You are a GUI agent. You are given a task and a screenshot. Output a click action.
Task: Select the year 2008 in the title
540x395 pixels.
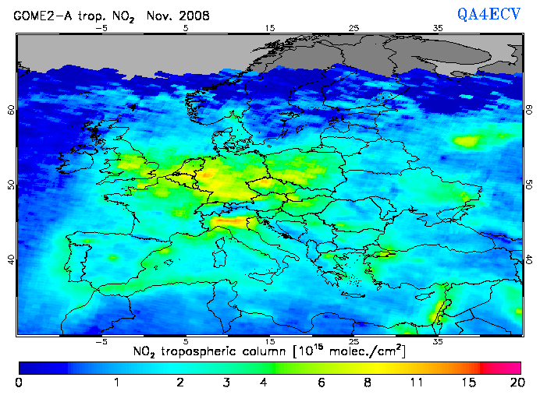(x=194, y=16)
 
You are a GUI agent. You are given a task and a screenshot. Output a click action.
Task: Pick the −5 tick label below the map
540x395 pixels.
(x=101, y=341)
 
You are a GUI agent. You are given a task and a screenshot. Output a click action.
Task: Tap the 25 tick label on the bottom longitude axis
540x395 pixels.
(x=354, y=341)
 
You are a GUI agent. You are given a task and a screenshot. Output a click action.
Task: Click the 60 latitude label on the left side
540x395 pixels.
(x=12, y=110)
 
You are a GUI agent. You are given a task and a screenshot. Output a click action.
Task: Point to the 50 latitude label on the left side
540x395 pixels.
(x=12, y=185)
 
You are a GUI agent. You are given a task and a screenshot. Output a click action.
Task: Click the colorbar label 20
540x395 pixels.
(x=514, y=383)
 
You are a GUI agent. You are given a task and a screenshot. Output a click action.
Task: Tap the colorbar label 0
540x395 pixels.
(x=19, y=383)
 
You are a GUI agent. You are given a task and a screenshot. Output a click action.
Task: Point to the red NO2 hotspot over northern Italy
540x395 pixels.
(x=226, y=224)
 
